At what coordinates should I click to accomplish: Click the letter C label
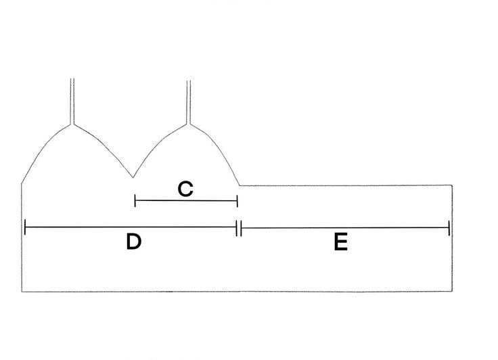coord(185,189)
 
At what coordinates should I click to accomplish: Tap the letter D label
coord(134,242)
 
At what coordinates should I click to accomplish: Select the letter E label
coord(341,242)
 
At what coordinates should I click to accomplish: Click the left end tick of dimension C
coord(135,201)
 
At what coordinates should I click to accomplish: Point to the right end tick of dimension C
coord(237,201)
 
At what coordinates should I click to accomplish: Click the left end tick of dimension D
coord(25,227)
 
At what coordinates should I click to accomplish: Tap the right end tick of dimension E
coord(449,228)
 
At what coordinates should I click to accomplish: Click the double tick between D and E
coord(239,228)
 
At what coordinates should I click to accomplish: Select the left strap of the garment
coord(72,101)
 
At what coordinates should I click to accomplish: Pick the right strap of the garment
coord(189,102)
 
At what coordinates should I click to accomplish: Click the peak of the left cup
coord(72,125)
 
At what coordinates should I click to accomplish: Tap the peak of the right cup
coord(189,125)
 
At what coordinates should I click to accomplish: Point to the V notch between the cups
coord(133,177)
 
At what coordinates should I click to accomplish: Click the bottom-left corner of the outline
coord(22,292)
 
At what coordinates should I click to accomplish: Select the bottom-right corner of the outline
coord(452,291)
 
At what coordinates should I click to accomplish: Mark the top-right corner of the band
coord(452,185)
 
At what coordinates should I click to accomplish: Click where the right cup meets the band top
coord(240,185)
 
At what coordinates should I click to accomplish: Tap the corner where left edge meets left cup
coord(22,183)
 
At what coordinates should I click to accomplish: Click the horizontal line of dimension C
coord(186,201)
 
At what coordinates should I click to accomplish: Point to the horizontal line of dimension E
coord(345,228)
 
